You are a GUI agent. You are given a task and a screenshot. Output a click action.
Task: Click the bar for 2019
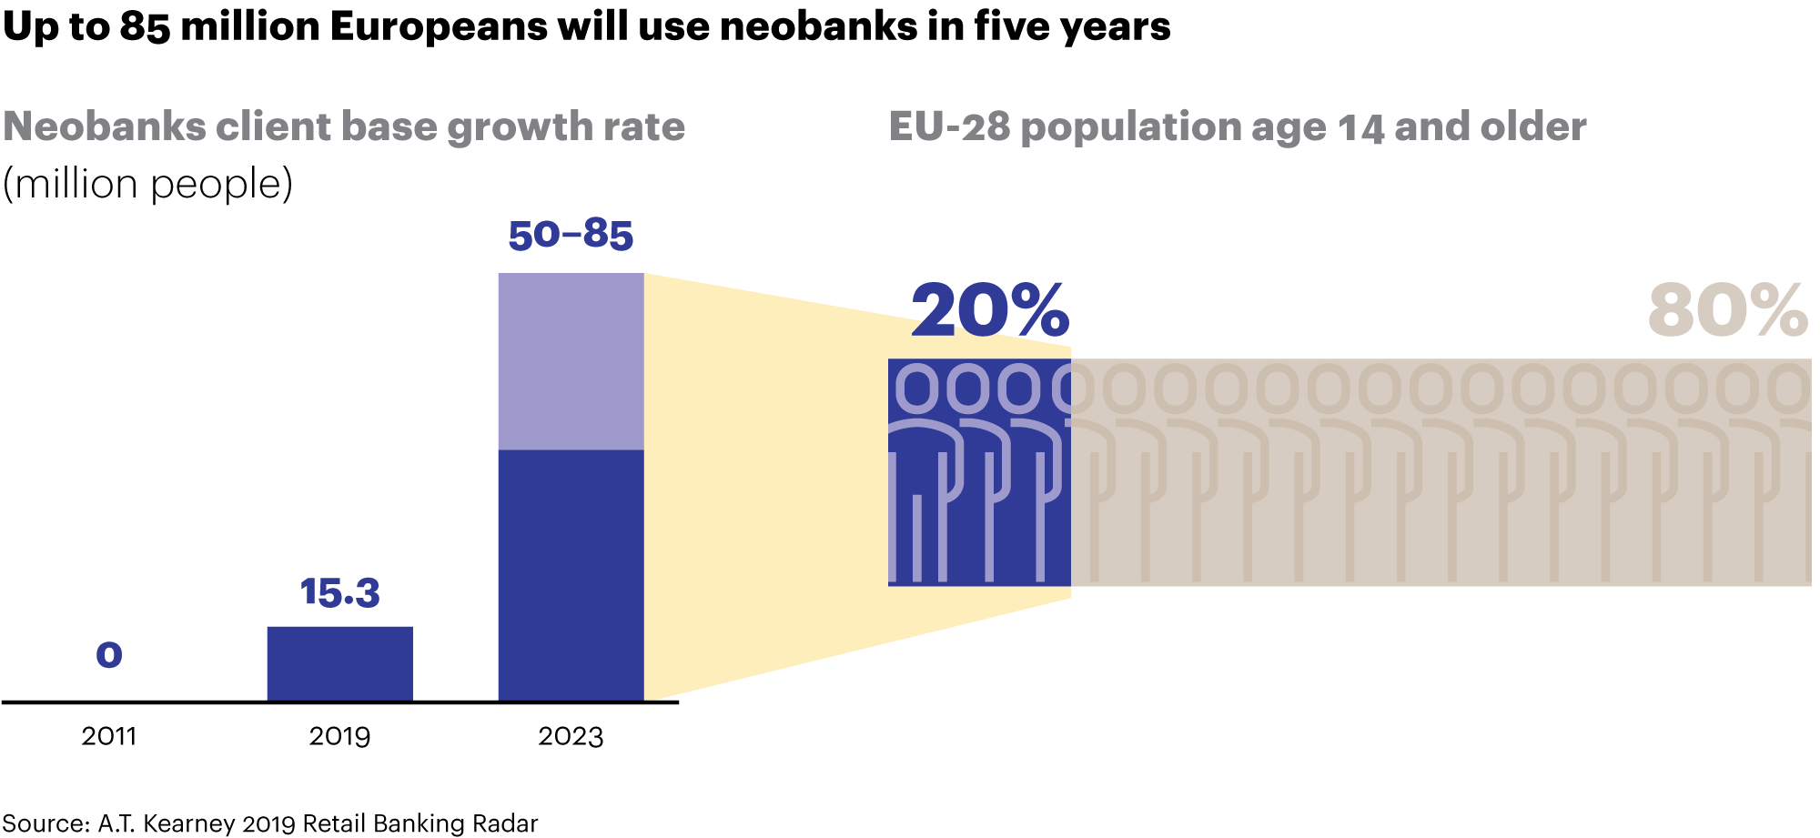point(339,663)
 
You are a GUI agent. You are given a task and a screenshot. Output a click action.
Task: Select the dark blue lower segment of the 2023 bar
point(571,575)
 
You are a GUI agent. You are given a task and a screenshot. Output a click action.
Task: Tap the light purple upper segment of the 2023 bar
point(571,361)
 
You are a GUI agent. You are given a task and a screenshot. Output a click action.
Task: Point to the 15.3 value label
point(339,593)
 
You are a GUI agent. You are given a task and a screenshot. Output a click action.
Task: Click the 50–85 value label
point(571,235)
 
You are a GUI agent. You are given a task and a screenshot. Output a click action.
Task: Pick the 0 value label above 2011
point(109,655)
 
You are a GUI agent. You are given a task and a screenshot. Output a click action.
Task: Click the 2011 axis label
point(109,736)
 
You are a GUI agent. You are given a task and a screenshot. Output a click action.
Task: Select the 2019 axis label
point(339,736)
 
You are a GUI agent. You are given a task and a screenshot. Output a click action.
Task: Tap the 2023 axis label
point(571,736)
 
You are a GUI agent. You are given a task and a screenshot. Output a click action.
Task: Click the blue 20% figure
point(990,311)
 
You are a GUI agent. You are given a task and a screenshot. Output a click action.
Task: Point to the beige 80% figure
point(1727,311)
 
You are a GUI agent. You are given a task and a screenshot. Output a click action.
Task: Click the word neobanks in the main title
point(818,27)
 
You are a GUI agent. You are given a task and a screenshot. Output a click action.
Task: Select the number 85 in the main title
point(145,27)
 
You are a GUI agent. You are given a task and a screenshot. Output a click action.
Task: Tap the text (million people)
point(147,185)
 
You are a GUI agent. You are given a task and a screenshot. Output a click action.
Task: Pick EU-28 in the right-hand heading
point(949,126)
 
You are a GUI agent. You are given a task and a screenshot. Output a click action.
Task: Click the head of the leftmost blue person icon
point(917,389)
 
